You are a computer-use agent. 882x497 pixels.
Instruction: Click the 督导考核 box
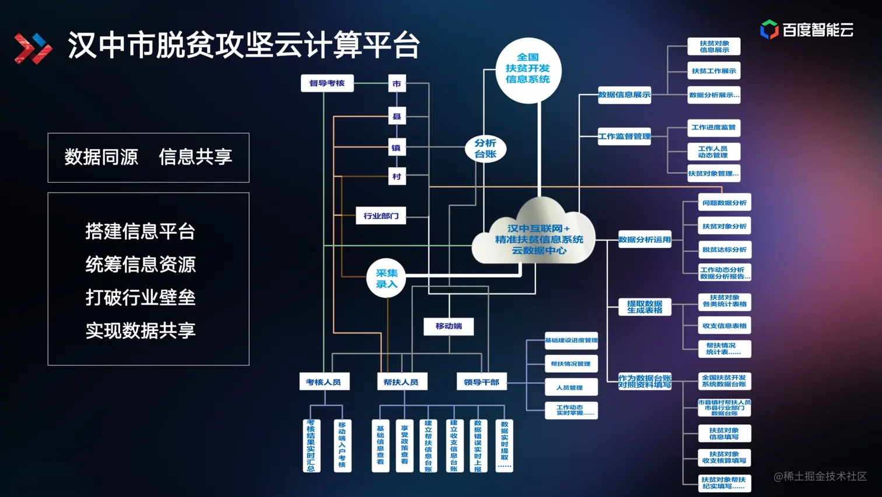[x=327, y=83]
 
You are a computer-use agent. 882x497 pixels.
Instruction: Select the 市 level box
[x=397, y=84]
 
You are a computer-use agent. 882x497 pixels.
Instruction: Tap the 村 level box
[x=397, y=176]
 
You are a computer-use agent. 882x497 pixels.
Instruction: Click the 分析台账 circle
[x=485, y=149]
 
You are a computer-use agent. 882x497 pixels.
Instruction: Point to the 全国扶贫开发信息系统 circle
[x=528, y=69]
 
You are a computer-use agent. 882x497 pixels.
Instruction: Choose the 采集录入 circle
[x=386, y=278]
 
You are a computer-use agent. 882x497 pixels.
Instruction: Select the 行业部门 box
[x=381, y=216]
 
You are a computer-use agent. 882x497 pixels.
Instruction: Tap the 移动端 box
[x=449, y=326]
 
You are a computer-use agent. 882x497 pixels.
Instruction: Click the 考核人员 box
[x=323, y=382]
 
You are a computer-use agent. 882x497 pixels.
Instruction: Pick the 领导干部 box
[x=481, y=382]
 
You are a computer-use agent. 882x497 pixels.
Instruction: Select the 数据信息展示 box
[x=624, y=94]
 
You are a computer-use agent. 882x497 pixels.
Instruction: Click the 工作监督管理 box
[x=624, y=136]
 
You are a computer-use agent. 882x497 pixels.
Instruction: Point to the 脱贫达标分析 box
[x=724, y=250]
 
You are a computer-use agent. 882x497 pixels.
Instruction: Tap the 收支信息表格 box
[x=724, y=326]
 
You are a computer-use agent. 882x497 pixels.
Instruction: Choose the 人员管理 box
[x=570, y=387]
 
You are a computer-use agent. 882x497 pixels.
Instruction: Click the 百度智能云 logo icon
[x=769, y=29]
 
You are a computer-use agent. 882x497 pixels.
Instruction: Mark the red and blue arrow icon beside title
[x=33, y=48]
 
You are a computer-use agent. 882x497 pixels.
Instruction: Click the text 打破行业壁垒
[x=141, y=297]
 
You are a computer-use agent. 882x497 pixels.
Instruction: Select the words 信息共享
[x=195, y=157]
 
